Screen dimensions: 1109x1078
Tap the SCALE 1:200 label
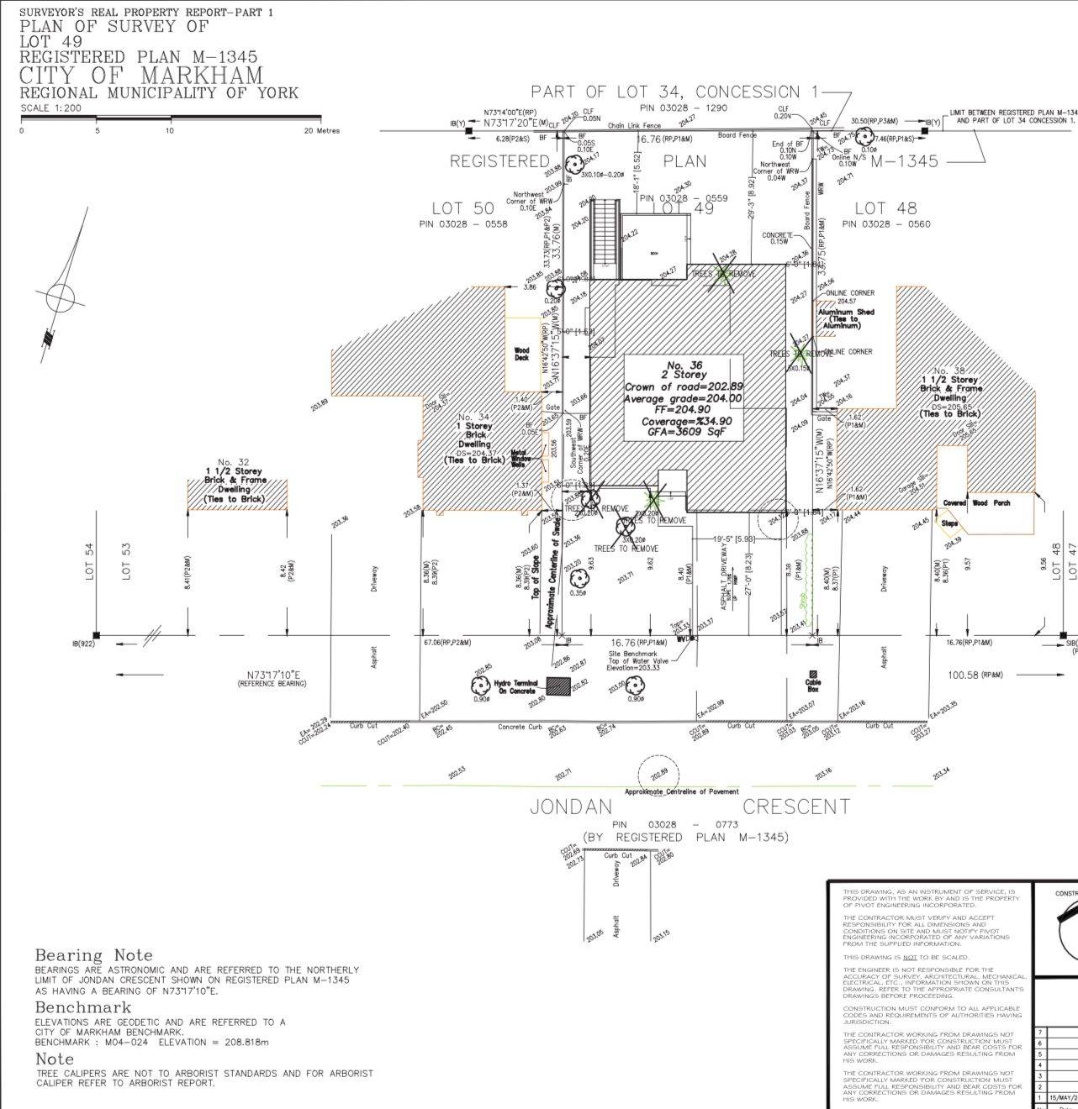click(50, 108)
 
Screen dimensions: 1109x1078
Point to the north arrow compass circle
click(61, 297)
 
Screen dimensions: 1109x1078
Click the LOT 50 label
click(462, 208)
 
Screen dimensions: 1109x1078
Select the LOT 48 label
click(885, 208)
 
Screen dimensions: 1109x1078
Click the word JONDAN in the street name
click(570, 807)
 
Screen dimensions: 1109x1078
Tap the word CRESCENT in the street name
click(796, 807)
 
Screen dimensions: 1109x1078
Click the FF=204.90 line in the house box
click(674, 410)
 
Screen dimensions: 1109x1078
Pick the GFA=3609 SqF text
click(683, 432)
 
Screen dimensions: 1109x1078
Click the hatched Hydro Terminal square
click(557, 686)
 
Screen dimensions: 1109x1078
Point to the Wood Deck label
click(522, 354)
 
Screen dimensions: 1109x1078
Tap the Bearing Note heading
click(94, 955)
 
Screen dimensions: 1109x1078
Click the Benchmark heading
click(83, 1007)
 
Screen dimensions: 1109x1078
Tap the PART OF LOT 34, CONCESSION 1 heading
click(665, 92)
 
